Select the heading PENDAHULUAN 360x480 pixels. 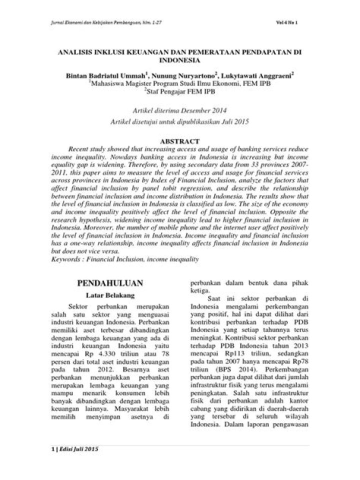(x=110, y=282)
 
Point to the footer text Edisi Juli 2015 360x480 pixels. (x=79, y=448)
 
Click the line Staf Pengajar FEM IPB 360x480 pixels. (x=180, y=90)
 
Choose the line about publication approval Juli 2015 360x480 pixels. (x=180, y=121)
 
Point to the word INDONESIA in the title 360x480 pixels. (x=179, y=59)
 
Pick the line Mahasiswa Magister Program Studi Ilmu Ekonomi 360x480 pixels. (x=180, y=83)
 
